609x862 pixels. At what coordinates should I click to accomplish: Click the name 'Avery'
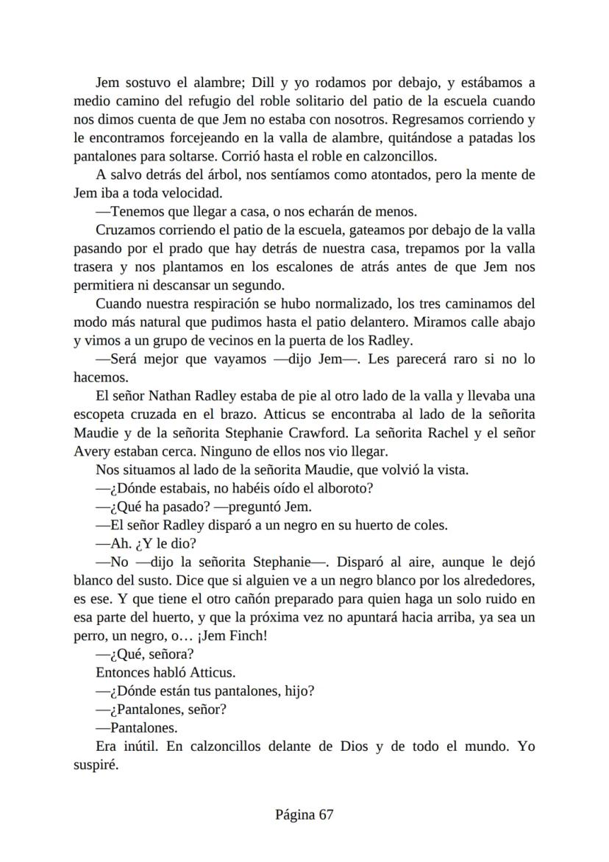[90, 451]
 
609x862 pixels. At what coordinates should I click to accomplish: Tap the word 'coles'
[432, 525]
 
